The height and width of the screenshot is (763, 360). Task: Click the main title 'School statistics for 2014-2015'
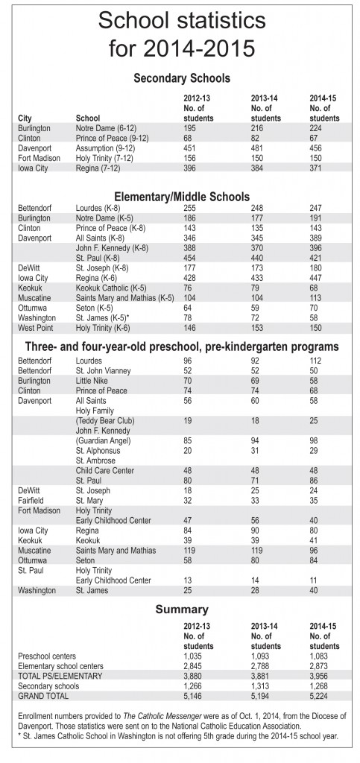tap(182, 34)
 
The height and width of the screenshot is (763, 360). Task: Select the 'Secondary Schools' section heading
tap(182, 77)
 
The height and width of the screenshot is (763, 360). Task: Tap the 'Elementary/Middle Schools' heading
tap(182, 197)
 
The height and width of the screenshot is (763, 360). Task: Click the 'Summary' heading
tap(182, 609)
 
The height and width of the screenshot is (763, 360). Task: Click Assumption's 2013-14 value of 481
tap(257, 148)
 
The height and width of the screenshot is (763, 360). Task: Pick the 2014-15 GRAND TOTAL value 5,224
tap(320, 696)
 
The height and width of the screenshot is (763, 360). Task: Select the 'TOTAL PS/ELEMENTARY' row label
tap(60, 676)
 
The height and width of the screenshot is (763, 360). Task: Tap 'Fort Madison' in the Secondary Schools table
tap(39, 158)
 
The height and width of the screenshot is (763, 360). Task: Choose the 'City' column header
tap(25, 118)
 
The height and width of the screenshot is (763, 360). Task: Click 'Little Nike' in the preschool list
tap(92, 381)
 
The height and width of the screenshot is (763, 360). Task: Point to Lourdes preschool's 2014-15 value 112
tap(316, 361)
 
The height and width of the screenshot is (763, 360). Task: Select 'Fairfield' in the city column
tap(31, 500)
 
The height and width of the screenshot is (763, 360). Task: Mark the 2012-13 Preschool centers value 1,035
tap(194, 656)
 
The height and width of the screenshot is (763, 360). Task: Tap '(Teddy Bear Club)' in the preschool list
tap(105, 420)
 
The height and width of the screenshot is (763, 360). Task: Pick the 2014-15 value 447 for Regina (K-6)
tap(317, 278)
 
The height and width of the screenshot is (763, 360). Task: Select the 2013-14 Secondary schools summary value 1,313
tap(261, 686)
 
